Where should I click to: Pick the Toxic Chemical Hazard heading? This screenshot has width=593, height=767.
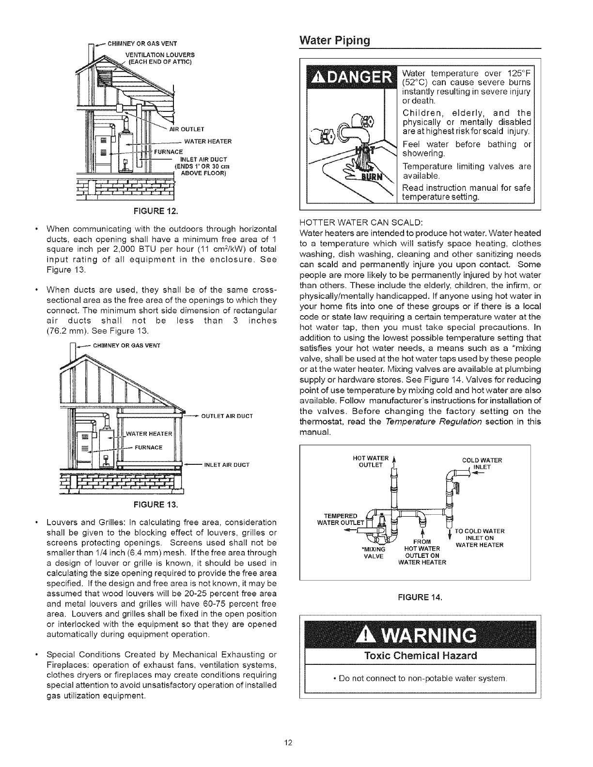(420, 656)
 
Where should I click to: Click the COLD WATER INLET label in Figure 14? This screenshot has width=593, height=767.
(481, 463)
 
